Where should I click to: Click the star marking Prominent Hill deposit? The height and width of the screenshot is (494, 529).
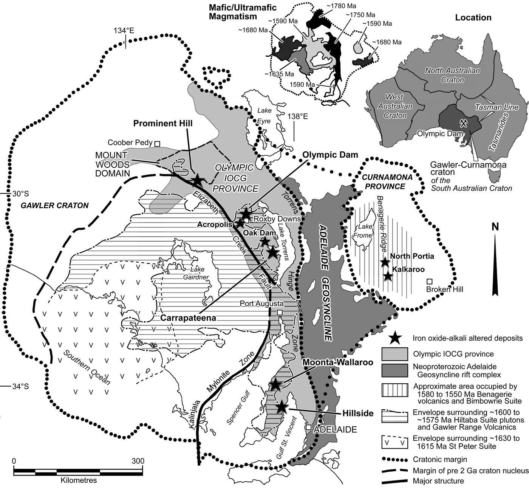pyautogui.click(x=197, y=180)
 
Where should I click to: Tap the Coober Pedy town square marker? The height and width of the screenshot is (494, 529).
pyautogui.click(x=157, y=143)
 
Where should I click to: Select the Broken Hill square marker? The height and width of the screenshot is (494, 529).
pyautogui.click(x=429, y=281)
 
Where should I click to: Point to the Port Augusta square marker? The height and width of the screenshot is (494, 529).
pyautogui.click(x=280, y=312)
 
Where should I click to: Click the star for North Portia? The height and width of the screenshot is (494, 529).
pyautogui.click(x=385, y=262)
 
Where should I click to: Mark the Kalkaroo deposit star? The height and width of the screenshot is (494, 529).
pyautogui.click(x=388, y=276)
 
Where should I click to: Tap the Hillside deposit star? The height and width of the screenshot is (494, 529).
pyautogui.click(x=281, y=407)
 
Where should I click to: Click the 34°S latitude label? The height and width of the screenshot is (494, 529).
pyautogui.click(x=20, y=386)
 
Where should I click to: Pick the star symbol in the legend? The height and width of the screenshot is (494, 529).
pyautogui.click(x=395, y=338)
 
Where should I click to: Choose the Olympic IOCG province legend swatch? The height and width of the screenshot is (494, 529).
pyautogui.click(x=395, y=354)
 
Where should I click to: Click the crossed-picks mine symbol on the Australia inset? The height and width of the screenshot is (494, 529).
pyautogui.click(x=464, y=122)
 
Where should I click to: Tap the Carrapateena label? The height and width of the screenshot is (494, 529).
pyautogui.click(x=188, y=318)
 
